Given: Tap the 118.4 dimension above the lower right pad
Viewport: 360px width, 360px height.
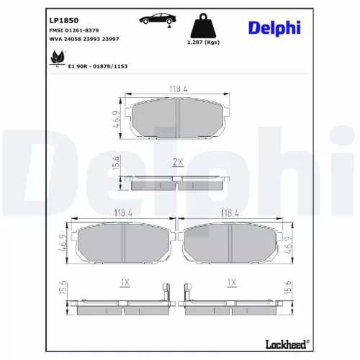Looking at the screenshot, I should (x=230, y=213).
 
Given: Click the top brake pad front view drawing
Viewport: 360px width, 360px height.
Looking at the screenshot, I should (x=177, y=118).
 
